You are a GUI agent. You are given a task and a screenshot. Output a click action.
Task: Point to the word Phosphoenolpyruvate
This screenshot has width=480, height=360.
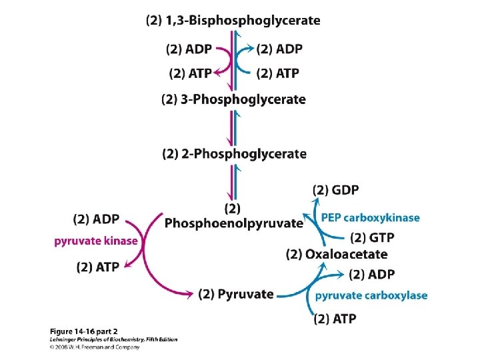click(233, 223)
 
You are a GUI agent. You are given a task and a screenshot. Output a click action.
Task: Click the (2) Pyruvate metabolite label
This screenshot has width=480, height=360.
click(236, 294)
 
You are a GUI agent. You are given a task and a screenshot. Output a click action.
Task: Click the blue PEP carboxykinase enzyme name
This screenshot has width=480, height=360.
click(370, 217)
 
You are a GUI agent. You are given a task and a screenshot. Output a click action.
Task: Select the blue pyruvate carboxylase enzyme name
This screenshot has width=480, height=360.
click(371, 295)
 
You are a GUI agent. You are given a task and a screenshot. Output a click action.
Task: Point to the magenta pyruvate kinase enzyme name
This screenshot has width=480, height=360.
click(96, 241)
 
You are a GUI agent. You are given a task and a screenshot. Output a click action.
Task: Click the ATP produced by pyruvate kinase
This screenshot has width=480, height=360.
click(98, 267)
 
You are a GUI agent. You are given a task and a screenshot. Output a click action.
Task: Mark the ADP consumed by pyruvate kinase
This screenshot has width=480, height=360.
click(97, 219)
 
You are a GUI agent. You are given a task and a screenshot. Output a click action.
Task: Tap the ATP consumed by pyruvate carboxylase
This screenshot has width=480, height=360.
click(335, 319)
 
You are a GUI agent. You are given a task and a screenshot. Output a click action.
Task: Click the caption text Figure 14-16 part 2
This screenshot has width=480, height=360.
click(90, 331)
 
